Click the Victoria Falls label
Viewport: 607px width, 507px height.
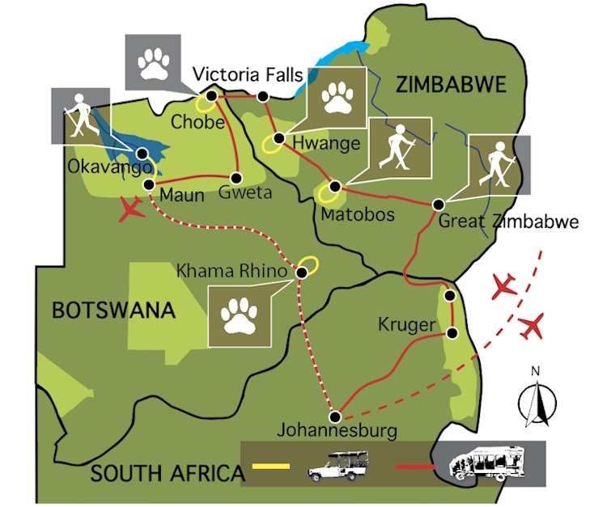[248, 76]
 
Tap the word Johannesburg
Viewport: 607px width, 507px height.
[337, 430]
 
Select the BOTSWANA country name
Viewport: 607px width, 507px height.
[114, 310]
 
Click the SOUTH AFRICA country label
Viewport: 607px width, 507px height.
[166, 472]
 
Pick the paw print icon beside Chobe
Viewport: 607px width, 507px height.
[153, 62]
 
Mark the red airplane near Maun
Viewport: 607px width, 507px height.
[132, 209]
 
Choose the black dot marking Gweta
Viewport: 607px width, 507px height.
[237, 177]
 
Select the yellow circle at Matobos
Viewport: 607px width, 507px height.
[328, 193]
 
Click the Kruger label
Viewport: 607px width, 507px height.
[401, 325]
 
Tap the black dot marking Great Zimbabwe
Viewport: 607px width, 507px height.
[439, 204]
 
